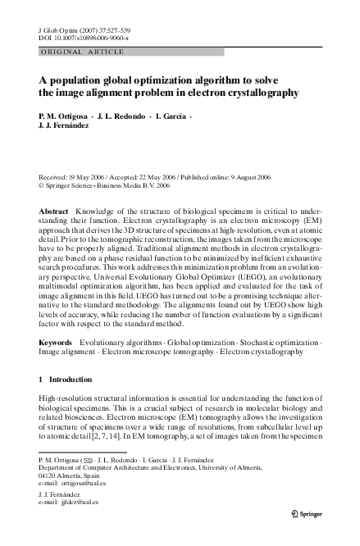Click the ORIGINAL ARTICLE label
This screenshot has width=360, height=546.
pos(71,51)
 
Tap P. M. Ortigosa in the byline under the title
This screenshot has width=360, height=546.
pos(62,116)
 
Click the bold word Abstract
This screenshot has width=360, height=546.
pos(54,212)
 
